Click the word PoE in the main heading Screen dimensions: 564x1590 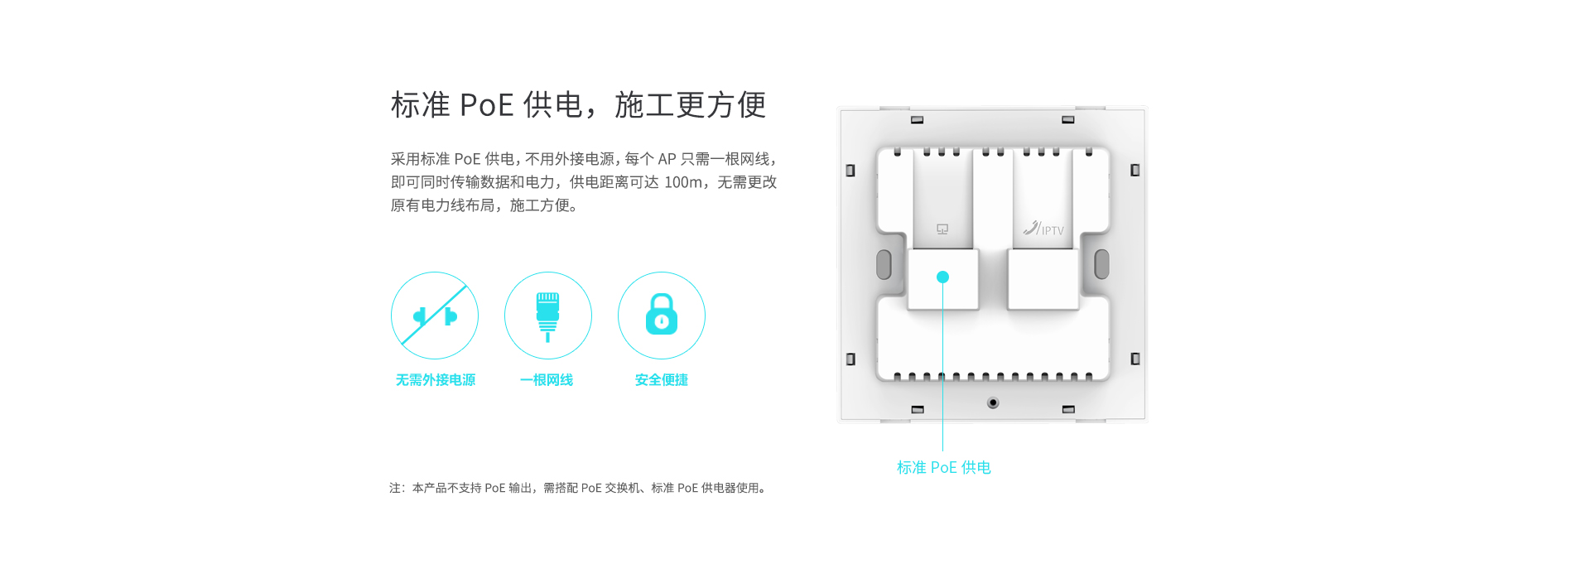coord(487,105)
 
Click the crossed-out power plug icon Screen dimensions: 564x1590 coord(435,316)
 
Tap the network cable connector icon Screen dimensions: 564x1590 coord(547,316)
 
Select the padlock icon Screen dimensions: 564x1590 coord(662,315)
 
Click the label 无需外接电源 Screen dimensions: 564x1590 coord(436,380)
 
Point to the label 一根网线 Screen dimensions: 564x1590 coord(547,380)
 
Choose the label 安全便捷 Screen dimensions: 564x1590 coord(662,380)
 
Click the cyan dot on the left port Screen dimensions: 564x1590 coord(942,277)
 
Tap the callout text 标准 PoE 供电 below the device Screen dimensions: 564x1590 coord(943,468)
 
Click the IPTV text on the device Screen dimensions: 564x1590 coord(1053,231)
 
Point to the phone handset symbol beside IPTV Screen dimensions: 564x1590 coord(1031,228)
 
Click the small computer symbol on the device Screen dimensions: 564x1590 coord(942,229)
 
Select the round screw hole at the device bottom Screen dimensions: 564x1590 coord(993,403)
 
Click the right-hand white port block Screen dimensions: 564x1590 coord(1043,280)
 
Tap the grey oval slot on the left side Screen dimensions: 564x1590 coord(884,264)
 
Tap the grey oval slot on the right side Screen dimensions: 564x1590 coord(1101,264)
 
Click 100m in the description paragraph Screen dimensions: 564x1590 coord(683,182)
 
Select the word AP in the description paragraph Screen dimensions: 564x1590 coord(667,159)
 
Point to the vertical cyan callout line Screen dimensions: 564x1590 coord(942,373)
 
